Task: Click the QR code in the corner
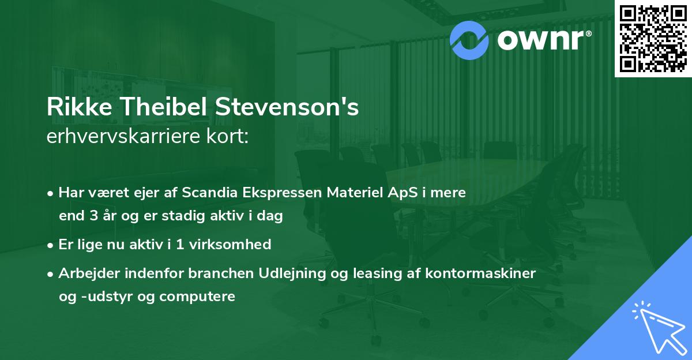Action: point(653,38)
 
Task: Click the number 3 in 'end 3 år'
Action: point(95,217)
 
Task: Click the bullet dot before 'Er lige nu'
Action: point(51,245)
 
